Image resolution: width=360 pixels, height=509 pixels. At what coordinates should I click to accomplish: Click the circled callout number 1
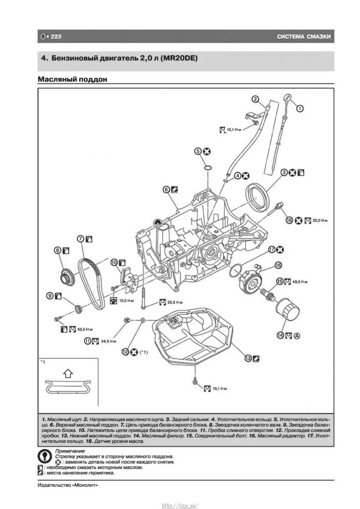[300, 109]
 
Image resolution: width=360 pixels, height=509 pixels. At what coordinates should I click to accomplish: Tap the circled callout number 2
[255, 100]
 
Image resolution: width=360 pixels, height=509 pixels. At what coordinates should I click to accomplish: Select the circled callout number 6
[166, 189]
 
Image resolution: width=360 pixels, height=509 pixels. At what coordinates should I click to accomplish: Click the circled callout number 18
[289, 220]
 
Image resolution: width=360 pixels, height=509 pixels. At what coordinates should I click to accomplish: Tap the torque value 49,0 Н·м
[300, 282]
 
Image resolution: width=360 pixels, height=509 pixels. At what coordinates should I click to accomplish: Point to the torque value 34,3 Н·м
[109, 341]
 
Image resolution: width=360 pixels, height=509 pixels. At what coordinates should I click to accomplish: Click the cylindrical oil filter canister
[287, 315]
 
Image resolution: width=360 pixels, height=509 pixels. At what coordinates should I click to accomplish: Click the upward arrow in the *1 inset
[65, 373]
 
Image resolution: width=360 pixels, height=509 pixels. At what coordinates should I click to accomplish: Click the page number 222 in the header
[55, 37]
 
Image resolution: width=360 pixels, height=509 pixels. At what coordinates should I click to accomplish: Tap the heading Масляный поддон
[72, 79]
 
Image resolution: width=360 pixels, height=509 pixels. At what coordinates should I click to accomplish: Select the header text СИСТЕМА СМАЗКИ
[304, 37]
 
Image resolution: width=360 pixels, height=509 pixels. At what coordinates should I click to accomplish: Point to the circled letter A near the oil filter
[297, 335]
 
